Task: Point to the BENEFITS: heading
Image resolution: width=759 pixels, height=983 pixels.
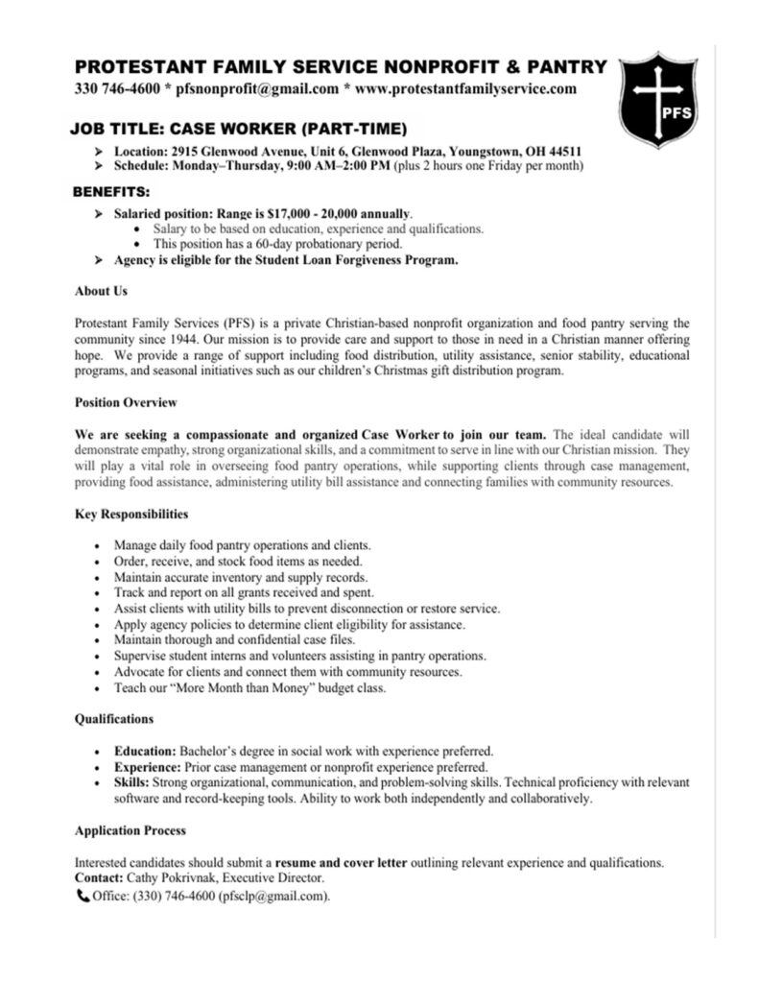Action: click(x=111, y=191)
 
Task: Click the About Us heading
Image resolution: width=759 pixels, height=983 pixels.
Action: click(x=101, y=291)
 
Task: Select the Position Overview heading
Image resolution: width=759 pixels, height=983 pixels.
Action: click(x=126, y=402)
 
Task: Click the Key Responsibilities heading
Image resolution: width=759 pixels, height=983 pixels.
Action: click(x=131, y=515)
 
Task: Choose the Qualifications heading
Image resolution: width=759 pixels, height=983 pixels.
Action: click(x=114, y=718)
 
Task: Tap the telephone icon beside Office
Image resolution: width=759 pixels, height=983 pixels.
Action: click(x=82, y=897)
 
